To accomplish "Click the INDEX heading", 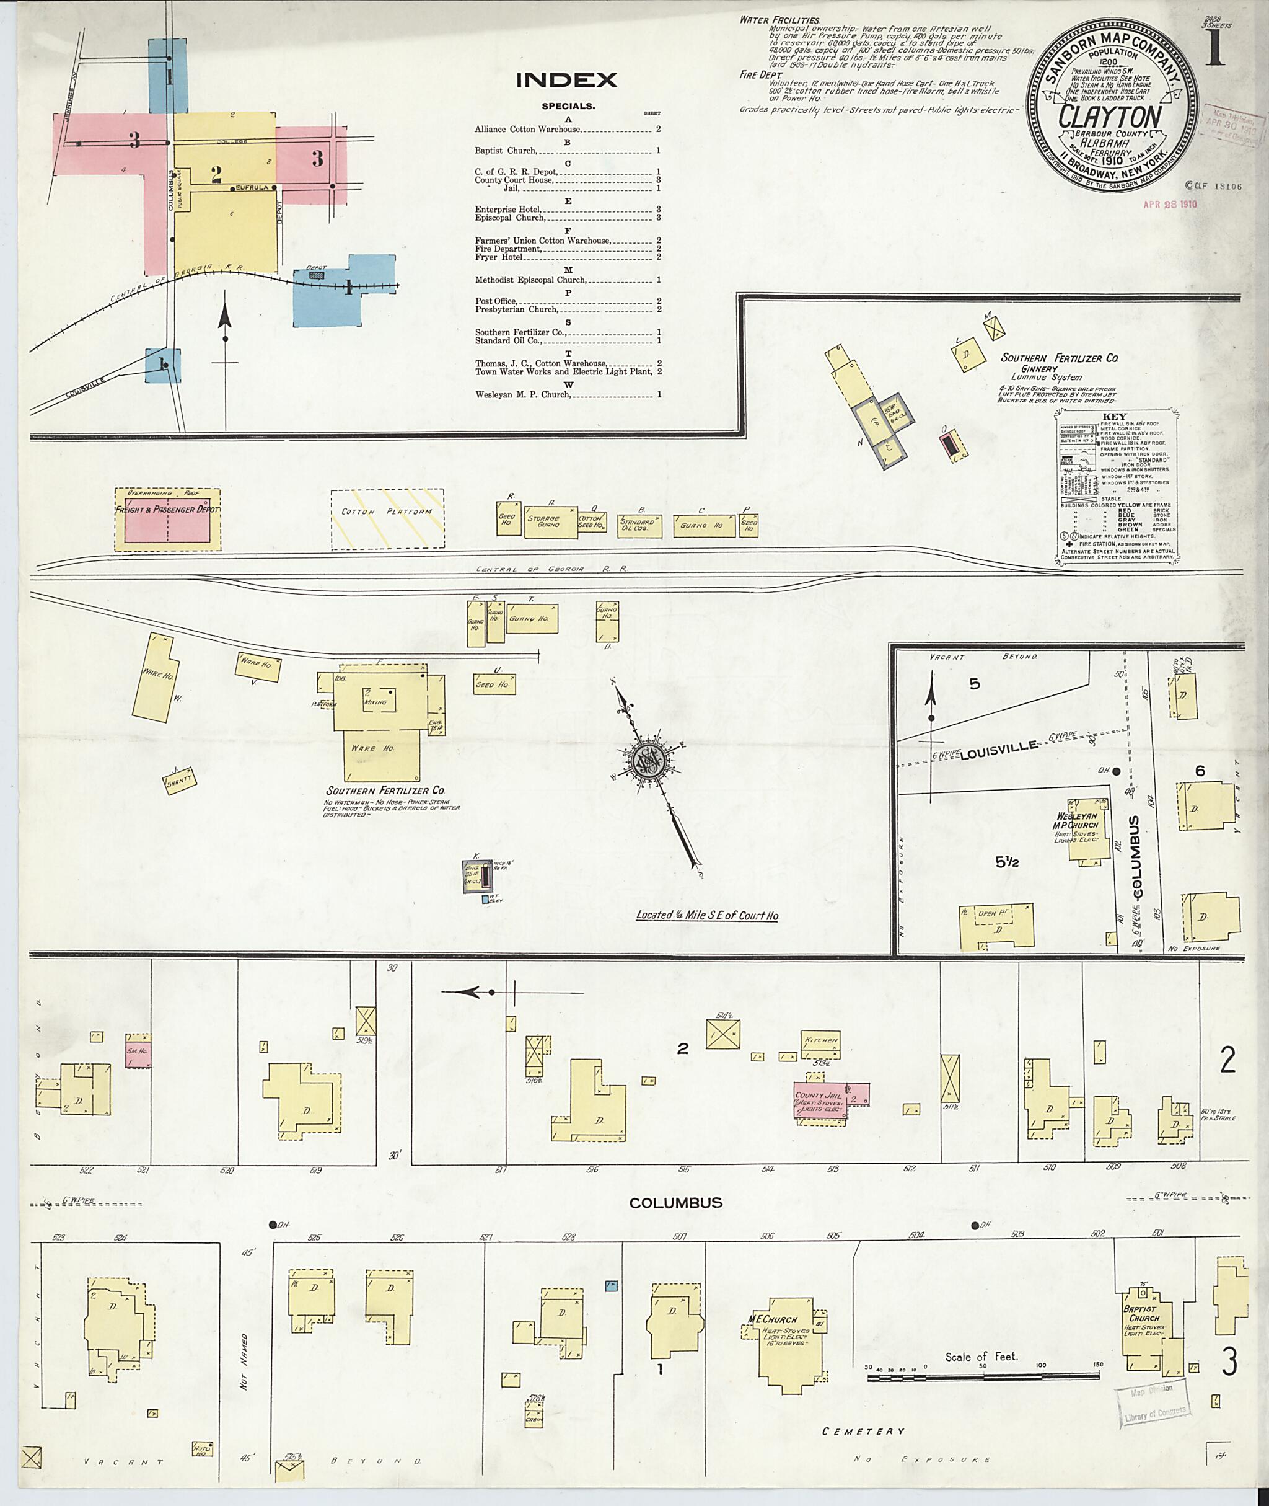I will pyautogui.click(x=566, y=80).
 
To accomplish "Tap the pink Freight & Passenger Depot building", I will pyautogui.click(x=169, y=519).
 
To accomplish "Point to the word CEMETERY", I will pyautogui.click(x=863, y=1431).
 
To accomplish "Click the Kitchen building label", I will pyautogui.click(x=821, y=1040).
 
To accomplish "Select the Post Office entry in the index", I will pyautogui.click(x=495, y=301).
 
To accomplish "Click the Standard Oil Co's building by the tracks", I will pyautogui.click(x=638, y=525).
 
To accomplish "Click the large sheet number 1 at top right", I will pyautogui.click(x=1215, y=48).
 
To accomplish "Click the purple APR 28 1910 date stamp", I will pyautogui.click(x=1170, y=205).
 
